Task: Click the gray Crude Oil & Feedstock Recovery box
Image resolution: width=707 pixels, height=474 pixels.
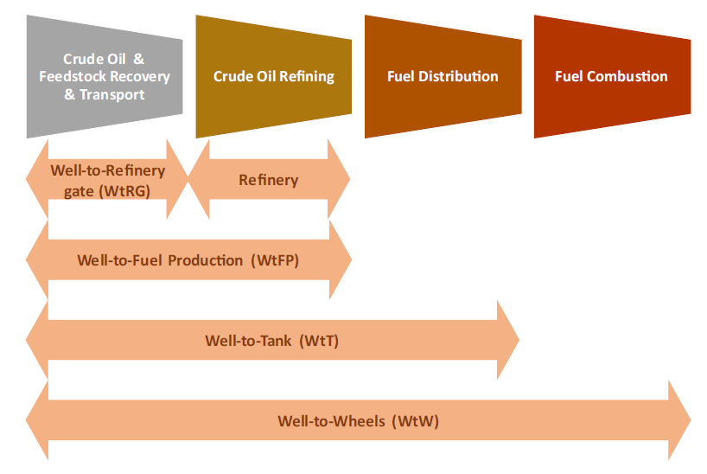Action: pos(105,77)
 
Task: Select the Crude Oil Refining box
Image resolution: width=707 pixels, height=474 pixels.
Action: pos(274,77)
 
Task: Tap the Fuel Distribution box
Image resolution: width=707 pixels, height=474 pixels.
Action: pos(443,77)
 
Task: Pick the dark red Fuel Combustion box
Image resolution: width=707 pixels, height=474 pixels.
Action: pos(612,77)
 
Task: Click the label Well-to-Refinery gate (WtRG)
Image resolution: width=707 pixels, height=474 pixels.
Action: pos(107,181)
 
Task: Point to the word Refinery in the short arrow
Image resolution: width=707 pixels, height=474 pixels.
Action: pos(268,180)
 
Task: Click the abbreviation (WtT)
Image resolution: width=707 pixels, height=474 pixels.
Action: pos(319,341)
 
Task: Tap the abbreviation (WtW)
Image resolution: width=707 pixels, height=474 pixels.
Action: pos(415,421)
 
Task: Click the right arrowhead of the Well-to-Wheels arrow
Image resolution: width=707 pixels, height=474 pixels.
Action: pos(679,420)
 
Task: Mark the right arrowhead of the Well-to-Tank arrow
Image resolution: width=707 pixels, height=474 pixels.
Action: pos(508,340)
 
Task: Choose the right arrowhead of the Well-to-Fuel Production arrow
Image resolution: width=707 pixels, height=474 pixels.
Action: pos(341,259)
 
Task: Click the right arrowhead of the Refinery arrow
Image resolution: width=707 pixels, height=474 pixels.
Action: pos(339,179)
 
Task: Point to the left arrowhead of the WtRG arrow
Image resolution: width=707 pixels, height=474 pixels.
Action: pos(37,179)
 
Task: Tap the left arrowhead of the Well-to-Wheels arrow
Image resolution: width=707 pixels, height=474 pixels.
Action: pos(37,420)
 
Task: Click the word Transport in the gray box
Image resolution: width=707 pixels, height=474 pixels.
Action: pos(111,95)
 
